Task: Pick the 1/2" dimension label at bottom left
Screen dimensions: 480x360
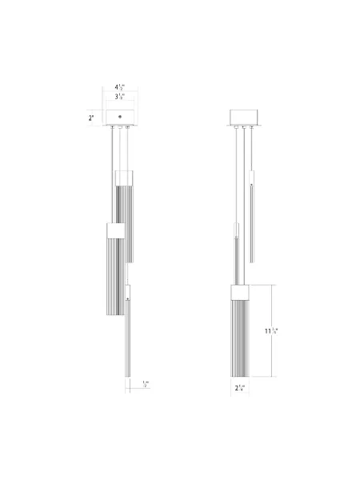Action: click(x=145, y=384)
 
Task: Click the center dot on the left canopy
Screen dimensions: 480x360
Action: click(x=120, y=118)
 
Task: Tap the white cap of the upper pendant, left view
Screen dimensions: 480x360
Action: click(x=124, y=177)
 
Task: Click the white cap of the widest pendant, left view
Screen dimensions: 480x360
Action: click(x=114, y=230)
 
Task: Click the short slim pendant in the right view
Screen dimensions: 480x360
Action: click(x=253, y=216)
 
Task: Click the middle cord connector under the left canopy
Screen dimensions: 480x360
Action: click(x=120, y=127)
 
